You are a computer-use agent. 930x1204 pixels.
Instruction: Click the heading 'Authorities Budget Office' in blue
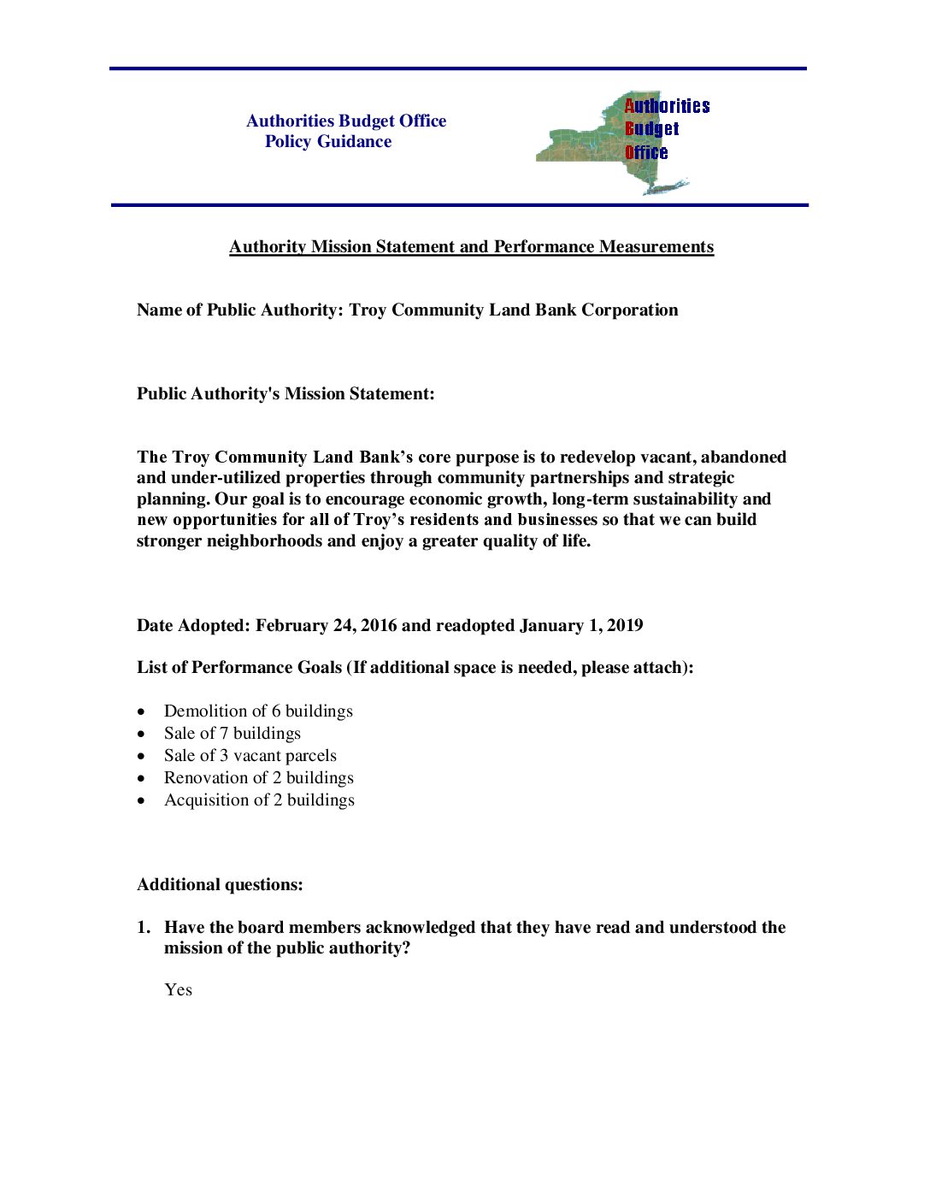(346, 121)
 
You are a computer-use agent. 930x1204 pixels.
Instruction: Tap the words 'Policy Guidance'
(328, 142)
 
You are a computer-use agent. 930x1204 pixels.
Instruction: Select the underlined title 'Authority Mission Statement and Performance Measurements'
(471, 247)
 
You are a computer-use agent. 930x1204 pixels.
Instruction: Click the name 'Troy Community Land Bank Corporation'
(513, 310)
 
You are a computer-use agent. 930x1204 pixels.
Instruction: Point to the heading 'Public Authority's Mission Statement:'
(285, 394)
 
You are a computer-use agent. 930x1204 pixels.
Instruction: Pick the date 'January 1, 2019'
(581, 626)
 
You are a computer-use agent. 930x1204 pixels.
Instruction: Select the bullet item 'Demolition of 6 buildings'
(258, 711)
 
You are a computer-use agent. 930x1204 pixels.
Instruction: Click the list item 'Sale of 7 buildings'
(232, 734)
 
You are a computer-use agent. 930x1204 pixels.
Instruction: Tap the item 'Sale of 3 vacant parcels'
(250, 756)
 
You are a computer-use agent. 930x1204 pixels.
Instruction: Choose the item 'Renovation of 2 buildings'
(259, 778)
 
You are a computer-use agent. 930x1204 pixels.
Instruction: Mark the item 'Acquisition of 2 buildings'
(259, 800)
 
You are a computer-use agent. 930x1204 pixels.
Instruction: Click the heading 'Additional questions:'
(220, 885)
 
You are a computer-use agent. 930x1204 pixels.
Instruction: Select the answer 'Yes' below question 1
(178, 990)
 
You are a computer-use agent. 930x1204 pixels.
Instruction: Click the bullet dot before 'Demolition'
(142, 711)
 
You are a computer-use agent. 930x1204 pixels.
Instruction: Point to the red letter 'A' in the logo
(629, 106)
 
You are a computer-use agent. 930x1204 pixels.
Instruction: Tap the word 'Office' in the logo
(646, 153)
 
